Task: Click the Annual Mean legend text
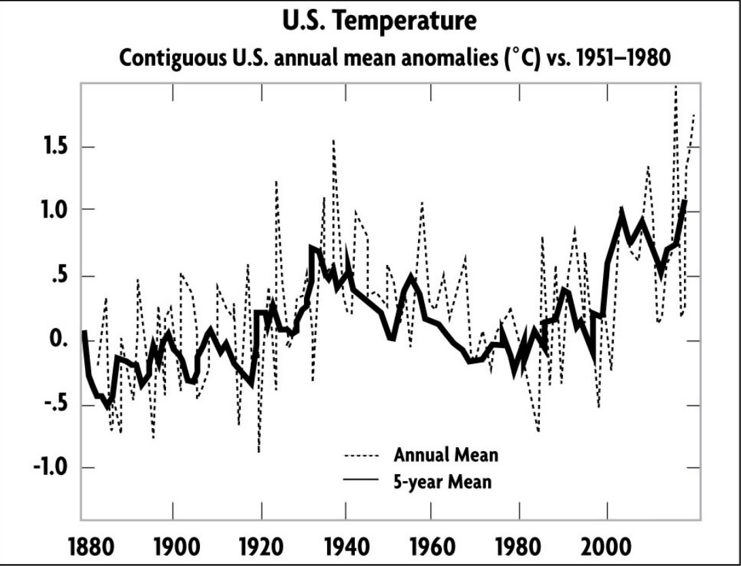coord(445,455)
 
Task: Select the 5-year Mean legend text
coord(442,482)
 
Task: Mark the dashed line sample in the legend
coord(362,455)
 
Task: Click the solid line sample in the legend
coord(362,480)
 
